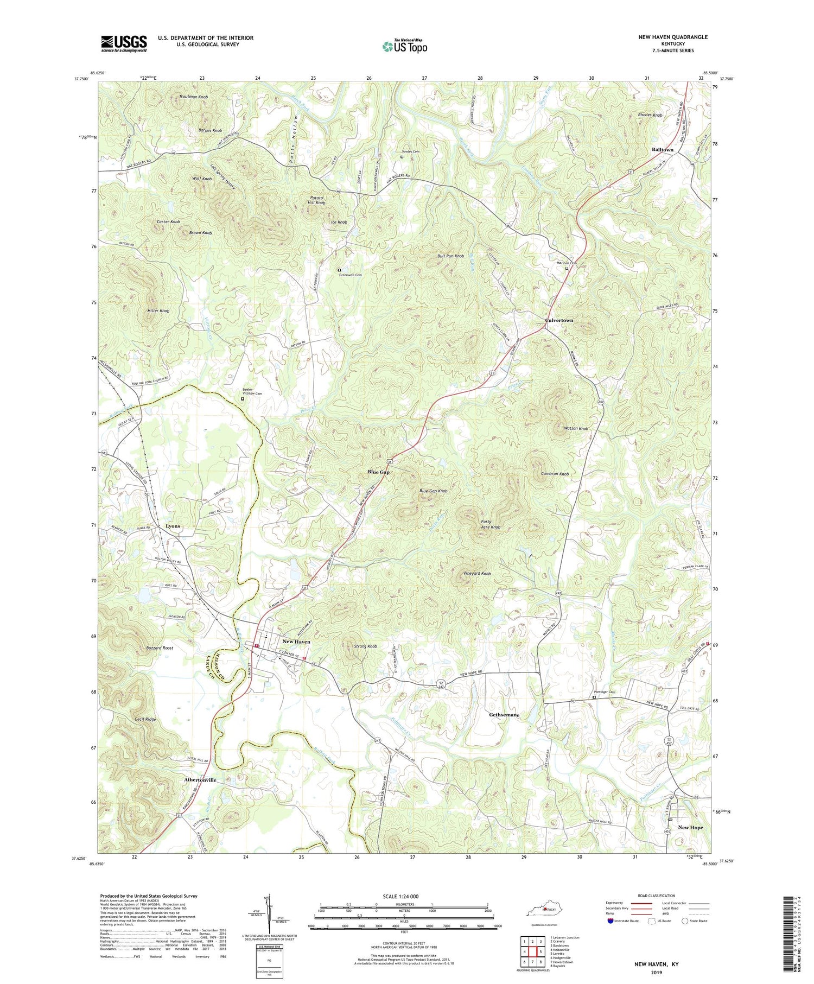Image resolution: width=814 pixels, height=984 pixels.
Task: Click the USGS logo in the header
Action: pyautogui.click(x=124, y=43)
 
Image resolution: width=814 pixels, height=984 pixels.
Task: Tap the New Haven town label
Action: pyautogui.click(x=296, y=642)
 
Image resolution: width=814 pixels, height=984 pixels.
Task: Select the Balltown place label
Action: pyautogui.click(x=662, y=149)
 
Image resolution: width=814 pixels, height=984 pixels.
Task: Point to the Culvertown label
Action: pyautogui.click(x=559, y=320)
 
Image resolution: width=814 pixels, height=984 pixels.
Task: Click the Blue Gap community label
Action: pyautogui.click(x=378, y=472)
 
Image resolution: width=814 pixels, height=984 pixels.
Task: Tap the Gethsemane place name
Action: pyautogui.click(x=504, y=715)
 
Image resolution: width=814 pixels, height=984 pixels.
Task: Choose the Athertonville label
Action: pyautogui.click(x=200, y=780)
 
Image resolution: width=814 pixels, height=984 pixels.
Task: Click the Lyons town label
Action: pyautogui.click(x=173, y=526)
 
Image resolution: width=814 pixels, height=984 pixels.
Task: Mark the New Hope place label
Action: pyautogui.click(x=690, y=827)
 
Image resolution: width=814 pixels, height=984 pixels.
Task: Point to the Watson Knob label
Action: pyautogui.click(x=576, y=429)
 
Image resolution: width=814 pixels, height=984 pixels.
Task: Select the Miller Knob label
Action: pyautogui.click(x=158, y=311)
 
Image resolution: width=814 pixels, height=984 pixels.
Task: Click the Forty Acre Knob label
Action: pyautogui.click(x=490, y=524)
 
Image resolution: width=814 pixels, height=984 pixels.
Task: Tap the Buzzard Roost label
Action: pyautogui.click(x=160, y=648)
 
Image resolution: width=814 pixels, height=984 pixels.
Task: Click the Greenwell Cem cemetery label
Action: pyautogui.click(x=351, y=275)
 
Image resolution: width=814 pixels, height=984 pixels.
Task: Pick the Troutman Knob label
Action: pyautogui.click(x=193, y=97)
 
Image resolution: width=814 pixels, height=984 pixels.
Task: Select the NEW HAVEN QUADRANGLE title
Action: pyautogui.click(x=673, y=37)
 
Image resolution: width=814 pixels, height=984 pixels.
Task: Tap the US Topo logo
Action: pyautogui.click(x=404, y=46)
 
